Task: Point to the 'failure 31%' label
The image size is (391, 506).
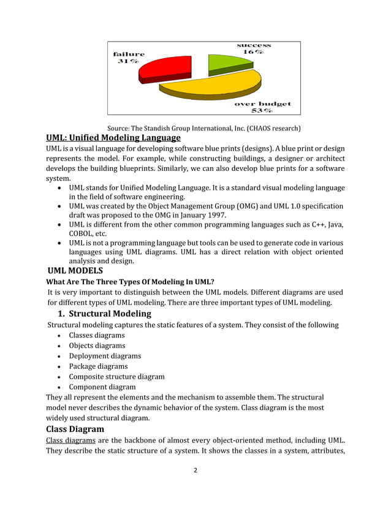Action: (x=129, y=58)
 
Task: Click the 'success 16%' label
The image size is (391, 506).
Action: (x=254, y=48)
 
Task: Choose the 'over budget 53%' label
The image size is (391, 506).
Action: (x=263, y=107)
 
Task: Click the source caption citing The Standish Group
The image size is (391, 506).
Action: (x=203, y=129)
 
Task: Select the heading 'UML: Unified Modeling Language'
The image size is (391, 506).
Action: (x=113, y=138)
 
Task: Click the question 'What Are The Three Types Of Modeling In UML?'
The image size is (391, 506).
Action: (x=131, y=282)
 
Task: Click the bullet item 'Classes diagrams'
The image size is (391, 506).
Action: (x=97, y=335)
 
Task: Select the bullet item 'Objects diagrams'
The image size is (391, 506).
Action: (x=97, y=346)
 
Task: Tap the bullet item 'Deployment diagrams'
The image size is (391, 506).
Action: (x=105, y=356)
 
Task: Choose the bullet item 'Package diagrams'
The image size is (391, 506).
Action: (x=98, y=366)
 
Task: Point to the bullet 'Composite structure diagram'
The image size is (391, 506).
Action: (x=116, y=377)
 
